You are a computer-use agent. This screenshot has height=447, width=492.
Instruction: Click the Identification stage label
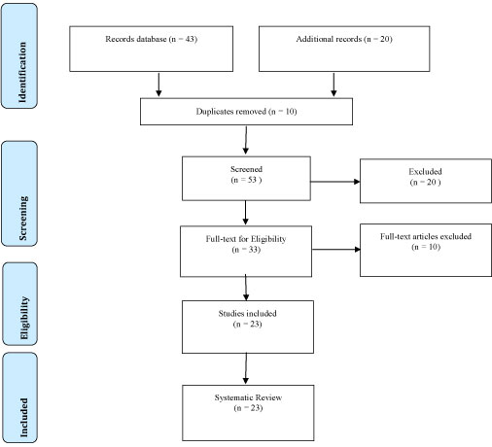[22, 72]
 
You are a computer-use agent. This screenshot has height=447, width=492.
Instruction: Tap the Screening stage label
[23, 218]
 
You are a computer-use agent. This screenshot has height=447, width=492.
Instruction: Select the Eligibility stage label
[24, 318]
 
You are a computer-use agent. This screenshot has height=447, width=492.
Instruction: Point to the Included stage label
[23, 417]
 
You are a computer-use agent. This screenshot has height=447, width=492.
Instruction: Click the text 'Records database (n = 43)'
[151, 39]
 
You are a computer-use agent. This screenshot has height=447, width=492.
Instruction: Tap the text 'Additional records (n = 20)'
[344, 39]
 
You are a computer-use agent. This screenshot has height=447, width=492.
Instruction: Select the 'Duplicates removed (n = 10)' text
[246, 112]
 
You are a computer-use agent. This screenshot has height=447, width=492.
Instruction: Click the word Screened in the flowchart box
[246, 169]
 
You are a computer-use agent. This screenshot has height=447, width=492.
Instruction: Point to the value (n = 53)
[246, 180]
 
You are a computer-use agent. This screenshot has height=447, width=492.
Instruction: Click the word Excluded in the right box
[425, 171]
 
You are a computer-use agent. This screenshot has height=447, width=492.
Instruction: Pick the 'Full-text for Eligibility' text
[246, 239]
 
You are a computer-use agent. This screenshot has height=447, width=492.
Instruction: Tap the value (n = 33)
[246, 250]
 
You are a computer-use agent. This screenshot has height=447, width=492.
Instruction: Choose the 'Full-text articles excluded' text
[426, 236]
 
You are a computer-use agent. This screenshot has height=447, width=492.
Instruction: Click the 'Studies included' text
[247, 314]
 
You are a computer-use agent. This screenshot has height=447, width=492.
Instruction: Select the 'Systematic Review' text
[248, 397]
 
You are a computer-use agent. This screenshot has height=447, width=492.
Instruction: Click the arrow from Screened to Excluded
[335, 182]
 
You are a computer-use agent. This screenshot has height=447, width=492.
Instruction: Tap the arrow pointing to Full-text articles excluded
[336, 250]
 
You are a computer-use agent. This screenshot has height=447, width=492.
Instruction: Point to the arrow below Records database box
[158, 85]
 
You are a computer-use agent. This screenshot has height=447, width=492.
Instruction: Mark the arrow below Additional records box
[334, 85]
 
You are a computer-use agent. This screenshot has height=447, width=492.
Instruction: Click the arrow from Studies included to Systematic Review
[246, 368]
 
